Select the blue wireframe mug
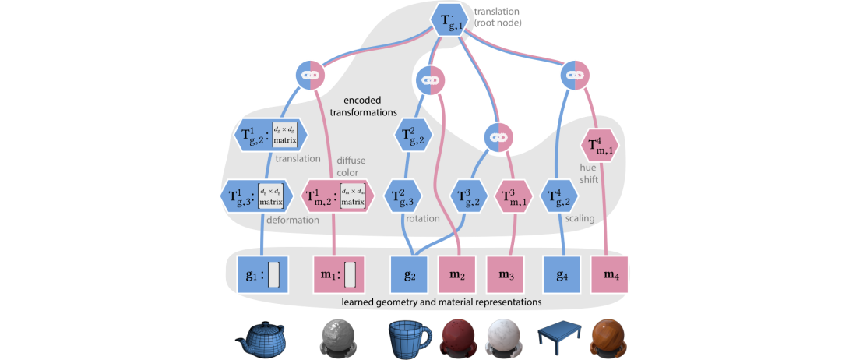pyautogui.click(x=408, y=337)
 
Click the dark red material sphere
pyautogui.click(x=459, y=337)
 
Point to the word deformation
pyautogui.click(x=293, y=220)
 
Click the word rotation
pyautogui.click(x=421, y=219)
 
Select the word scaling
pyautogui.click(x=580, y=219)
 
